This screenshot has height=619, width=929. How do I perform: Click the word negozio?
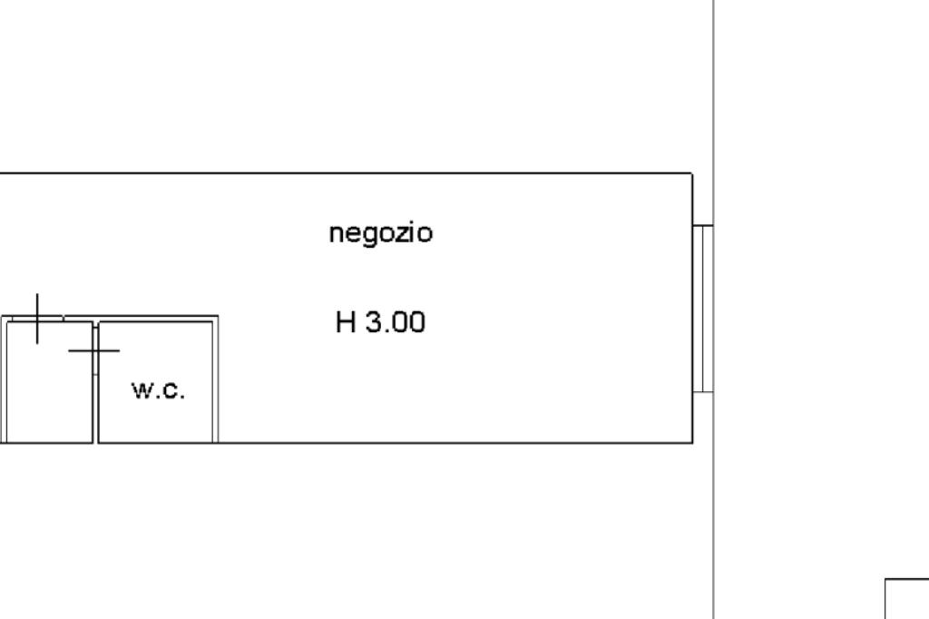pyautogui.click(x=380, y=233)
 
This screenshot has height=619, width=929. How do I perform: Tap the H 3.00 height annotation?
pyautogui.click(x=380, y=322)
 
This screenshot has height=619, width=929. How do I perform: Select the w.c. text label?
pyautogui.click(x=158, y=390)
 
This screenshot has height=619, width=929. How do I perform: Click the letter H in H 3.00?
pyautogui.click(x=346, y=322)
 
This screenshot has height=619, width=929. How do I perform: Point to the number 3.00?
pyautogui.click(x=396, y=322)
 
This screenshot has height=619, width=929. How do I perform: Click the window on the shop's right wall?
pyautogui.click(x=703, y=309)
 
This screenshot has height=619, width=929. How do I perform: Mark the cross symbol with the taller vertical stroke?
pyautogui.click(x=37, y=319)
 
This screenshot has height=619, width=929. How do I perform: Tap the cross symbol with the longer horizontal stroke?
pyautogui.click(x=94, y=350)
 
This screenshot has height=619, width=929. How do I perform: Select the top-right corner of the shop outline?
pyautogui.click(x=692, y=173)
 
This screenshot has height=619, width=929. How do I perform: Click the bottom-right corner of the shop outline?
pyautogui.click(x=692, y=442)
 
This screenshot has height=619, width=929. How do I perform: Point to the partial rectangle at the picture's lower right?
pyautogui.click(x=907, y=599)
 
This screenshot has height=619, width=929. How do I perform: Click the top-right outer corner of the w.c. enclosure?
pyautogui.click(x=218, y=316)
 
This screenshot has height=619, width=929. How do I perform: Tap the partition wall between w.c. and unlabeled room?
pyautogui.click(x=94, y=382)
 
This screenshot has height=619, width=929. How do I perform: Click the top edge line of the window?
pyautogui.click(x=703, y=225)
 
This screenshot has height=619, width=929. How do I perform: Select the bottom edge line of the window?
pyautogui.click(x=703, y=391)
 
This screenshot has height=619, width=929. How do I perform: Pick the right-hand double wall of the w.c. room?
pyautogui.click(x=216, y=379)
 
